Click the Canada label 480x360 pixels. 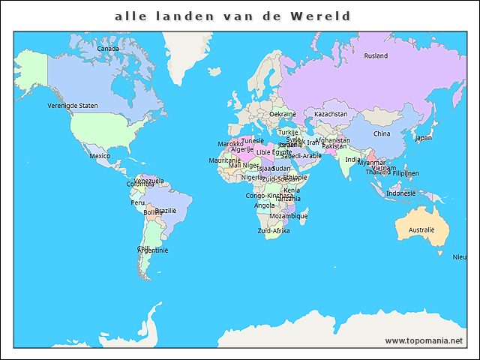click(108, 49)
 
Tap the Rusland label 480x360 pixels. click(376, 55)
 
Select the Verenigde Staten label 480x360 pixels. click(73, 106)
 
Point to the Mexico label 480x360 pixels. click(100, 156)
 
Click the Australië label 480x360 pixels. click(421, 229)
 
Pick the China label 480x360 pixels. click(382, 133)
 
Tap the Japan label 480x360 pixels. click(424, 137)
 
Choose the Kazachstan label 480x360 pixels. click(331, 114)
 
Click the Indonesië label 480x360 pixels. click(400, 193)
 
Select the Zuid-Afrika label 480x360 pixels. click(274, 231)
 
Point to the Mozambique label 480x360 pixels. click(288, 216)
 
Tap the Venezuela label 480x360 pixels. click(149, 181)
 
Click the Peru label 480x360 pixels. click(138, 202)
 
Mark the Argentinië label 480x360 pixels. click(153, 250)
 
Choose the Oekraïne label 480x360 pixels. click(283, 114)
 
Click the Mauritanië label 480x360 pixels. click(225, 160)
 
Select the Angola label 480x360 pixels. click(265, 205)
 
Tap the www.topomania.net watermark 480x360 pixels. click(424, 340)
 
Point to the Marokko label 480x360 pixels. click(230, 143)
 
